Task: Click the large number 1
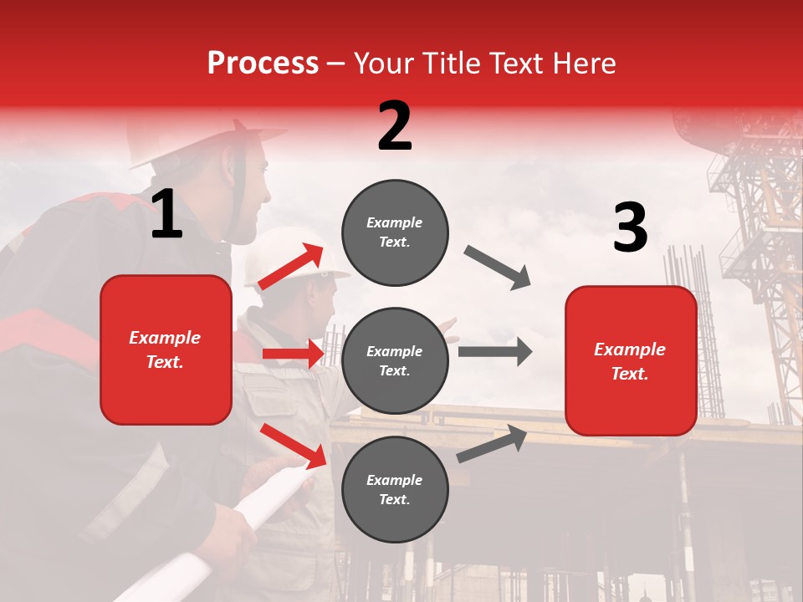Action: [166, 215]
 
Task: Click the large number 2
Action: [395, 126]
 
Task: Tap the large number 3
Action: [630, 227]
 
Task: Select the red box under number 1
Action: [166, 349]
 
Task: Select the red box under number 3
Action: [631, 361]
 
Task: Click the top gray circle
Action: [395, 232]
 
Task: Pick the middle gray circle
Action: [395, 360]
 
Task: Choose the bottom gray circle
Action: [395, 489]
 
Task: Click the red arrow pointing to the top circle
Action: [292, 267]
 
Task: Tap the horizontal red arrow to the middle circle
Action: [294, 354]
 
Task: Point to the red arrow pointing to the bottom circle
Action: [294, 446]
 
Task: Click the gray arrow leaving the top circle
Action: [498, 268]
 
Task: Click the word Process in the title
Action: [263, 63]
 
